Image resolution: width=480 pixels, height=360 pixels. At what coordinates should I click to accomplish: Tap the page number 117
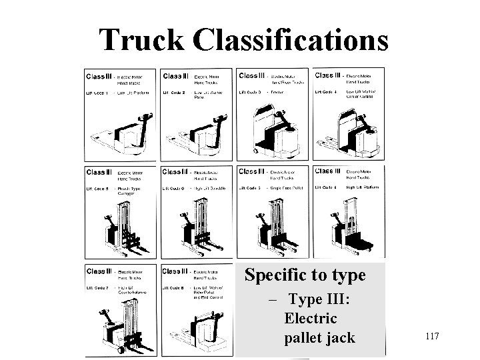click(431, 336)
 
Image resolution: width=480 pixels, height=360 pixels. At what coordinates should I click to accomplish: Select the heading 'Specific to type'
click(305, 275)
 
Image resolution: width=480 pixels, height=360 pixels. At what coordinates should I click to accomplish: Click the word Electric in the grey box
click(310, 319)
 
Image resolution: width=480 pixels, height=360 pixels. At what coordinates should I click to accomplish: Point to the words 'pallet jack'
click(319, 338)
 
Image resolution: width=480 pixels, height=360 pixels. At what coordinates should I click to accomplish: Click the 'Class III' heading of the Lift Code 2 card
click(176, 76)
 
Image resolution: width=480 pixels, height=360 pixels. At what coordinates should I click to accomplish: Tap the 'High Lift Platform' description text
click(361, 188)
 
